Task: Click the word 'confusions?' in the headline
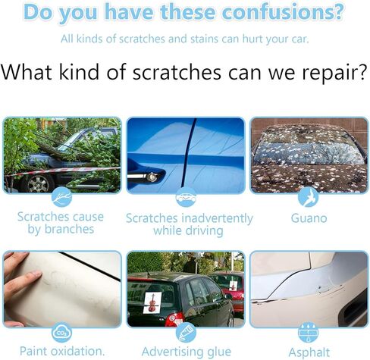point(283,12)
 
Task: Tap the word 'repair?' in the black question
point(334,73)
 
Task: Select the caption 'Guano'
point(309,218)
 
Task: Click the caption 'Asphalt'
point(309,352)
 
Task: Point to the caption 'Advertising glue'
point(187,352)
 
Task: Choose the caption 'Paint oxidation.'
point(62,351)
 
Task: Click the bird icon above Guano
point(308,197)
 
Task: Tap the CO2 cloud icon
point(61,333)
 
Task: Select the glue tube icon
point(186,333)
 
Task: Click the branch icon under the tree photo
point(61,197)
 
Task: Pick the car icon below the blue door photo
point(186,197)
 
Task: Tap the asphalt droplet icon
point(308,333)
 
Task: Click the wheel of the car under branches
point(38,183)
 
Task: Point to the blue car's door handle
point(143,176)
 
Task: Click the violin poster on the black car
point(152,302)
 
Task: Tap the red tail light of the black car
point(174,319)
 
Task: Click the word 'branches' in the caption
point(69,230)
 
